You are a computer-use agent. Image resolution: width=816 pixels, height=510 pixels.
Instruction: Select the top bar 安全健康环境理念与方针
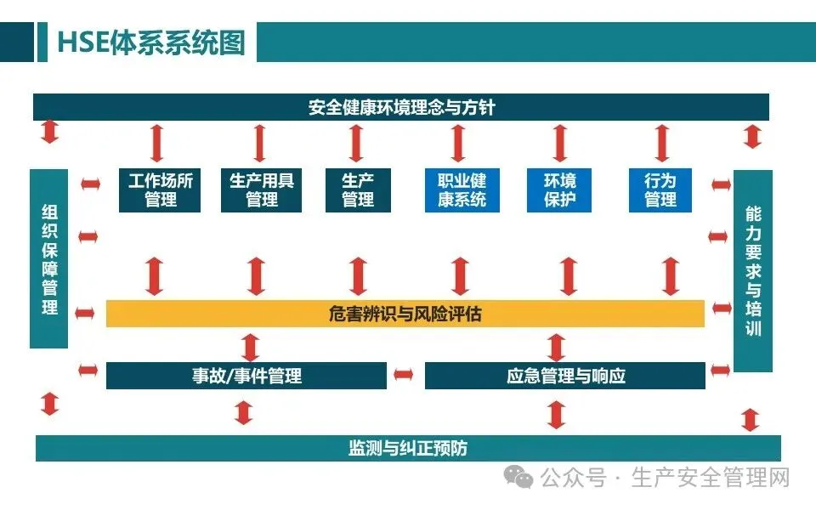point(401,108)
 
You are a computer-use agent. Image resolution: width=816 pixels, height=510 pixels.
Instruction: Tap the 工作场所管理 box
point(161,190)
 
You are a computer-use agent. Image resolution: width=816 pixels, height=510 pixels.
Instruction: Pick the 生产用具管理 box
point(262,190)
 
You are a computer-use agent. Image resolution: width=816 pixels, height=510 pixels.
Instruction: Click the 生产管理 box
point(358,190)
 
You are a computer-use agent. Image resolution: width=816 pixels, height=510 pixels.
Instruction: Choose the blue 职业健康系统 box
point(462,190)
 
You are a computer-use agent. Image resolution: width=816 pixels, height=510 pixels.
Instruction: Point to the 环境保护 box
point(560,190)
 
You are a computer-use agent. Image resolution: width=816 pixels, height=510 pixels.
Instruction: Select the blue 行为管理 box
point(660,190)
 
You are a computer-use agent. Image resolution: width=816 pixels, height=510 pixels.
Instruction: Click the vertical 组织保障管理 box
point(49,258)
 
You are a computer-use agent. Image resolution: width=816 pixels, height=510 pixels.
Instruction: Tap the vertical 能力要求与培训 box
point(753,270)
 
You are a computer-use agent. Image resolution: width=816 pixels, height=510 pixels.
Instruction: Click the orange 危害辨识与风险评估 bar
point(405,314)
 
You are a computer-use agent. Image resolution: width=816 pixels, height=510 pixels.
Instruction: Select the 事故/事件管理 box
point(246,376)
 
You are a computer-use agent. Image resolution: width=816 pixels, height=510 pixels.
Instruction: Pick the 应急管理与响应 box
point(565,376)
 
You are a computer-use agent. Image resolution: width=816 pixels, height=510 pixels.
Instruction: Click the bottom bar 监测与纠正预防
point(408,448)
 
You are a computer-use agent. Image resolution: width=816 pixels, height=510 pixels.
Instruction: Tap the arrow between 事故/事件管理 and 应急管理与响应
point(405,375)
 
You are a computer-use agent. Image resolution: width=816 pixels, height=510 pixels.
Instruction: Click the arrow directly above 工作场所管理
point(156,143)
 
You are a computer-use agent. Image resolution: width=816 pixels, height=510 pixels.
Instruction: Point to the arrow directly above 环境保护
point(559,143)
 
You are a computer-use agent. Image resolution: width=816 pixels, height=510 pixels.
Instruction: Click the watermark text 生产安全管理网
point(711,479)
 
